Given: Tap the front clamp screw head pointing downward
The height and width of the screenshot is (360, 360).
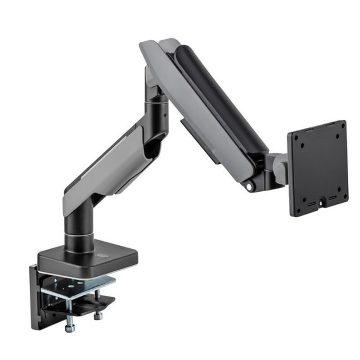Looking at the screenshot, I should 70,327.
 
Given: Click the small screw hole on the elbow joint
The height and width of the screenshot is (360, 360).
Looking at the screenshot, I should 164,114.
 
